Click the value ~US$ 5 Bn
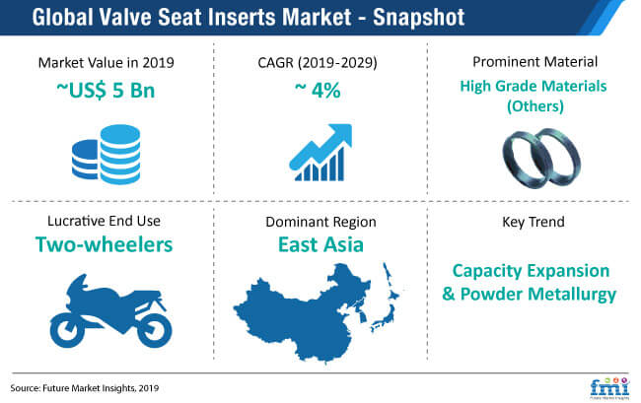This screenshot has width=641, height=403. (106, 91)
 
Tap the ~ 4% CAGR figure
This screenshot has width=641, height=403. (318, 90)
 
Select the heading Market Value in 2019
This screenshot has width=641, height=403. (106, 62)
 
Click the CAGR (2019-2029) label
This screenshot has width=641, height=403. (318, 62)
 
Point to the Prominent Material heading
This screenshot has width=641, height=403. (534, 62)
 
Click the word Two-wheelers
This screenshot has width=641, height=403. (104, 244)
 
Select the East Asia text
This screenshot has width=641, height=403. (320, 244)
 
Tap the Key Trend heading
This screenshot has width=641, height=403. (534, 222)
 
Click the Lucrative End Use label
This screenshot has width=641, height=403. (104, 221)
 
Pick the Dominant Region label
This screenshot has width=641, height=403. (320, 222)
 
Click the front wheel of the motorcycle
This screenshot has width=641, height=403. (67, 330)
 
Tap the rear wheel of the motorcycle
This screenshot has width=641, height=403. (155, 330)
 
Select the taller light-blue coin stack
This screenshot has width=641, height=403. (120, 155)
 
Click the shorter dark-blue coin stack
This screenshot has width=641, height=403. (86, 160)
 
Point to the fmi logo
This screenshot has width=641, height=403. (609, 388)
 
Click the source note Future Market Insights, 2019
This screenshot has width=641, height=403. (101, 388)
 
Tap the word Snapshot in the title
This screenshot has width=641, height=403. (418, 17)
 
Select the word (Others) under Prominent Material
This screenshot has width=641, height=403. (535, 106)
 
